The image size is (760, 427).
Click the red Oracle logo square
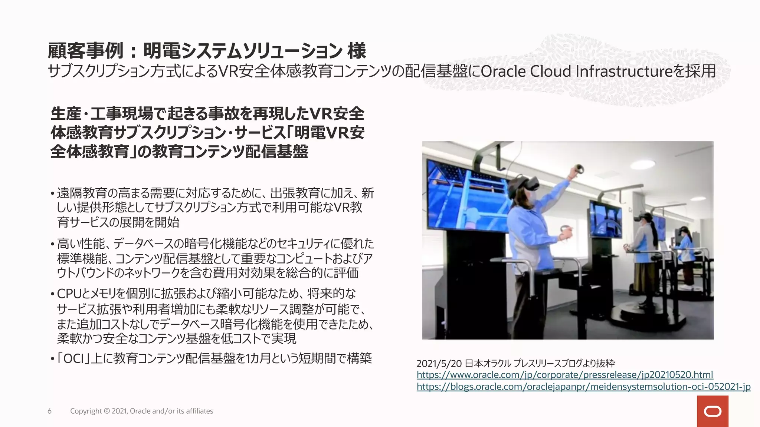[712, 411]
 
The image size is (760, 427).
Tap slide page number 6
[49, 411]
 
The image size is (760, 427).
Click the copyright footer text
[141, 411]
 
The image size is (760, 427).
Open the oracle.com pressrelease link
[564, 375]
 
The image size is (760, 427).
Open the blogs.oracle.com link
[583, 387]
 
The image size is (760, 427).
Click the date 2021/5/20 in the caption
[439, 363]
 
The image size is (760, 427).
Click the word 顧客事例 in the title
[85, 51]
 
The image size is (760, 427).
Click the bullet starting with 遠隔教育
[215, 207]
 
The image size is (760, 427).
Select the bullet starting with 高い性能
[215, 258]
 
